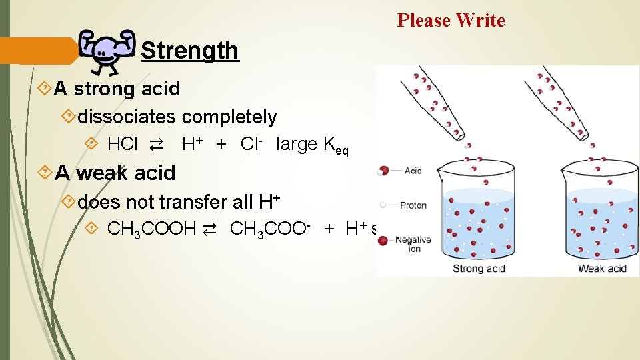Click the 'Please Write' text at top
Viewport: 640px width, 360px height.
coord(451,21)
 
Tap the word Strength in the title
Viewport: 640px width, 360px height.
coord(189,51)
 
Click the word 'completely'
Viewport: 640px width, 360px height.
coord(229,117)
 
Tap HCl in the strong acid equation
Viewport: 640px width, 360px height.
coord(123,144)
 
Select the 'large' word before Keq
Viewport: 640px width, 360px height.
coord(296,144)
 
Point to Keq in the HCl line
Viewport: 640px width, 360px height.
coord(335,146)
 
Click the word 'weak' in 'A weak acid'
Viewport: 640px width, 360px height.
coord(99,173)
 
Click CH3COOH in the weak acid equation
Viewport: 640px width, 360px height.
coord(151,230)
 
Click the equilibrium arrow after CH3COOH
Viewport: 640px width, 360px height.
coord(209,231)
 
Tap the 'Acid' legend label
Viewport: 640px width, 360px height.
coord(413,171)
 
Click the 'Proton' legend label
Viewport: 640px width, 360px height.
coord(413,205)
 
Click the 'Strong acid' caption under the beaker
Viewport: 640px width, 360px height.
coord(479,269)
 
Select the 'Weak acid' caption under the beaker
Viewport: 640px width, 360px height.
coord(602,269)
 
